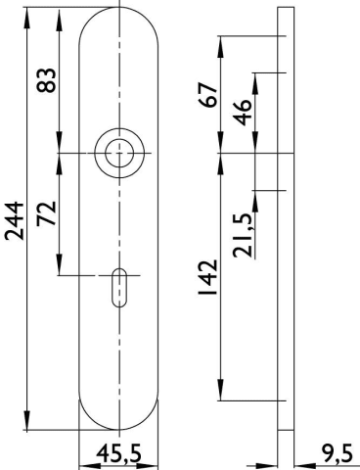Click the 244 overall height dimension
click(15, 221)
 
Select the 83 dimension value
click(46, 80)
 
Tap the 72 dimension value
click(46, 213)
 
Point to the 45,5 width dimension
click(119, 453)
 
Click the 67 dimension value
click(207, 95)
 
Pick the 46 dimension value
click(242, 113)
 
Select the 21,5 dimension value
click(243, 235)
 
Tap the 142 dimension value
click(207, 277)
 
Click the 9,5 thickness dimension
click(337, 453)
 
